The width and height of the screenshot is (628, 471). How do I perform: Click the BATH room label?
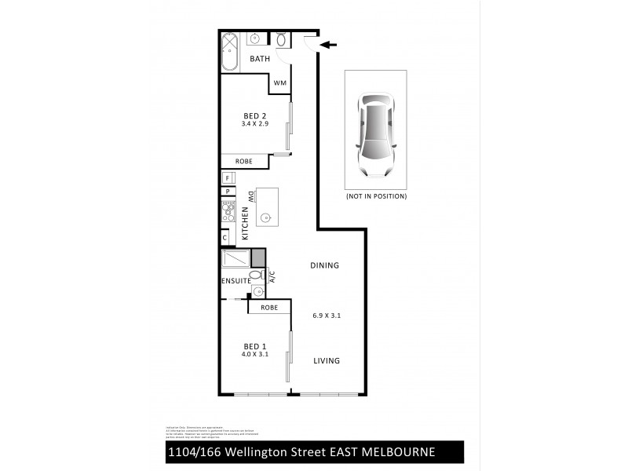260,59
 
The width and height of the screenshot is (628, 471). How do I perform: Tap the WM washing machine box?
280,83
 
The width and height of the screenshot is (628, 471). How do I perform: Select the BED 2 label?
254,115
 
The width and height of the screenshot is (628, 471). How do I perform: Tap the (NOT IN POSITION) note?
376,196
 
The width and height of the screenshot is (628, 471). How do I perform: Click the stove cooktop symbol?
229,210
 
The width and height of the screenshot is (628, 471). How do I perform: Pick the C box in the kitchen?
225,237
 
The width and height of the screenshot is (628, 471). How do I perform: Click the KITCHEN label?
245,224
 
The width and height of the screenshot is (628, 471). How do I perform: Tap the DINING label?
324,265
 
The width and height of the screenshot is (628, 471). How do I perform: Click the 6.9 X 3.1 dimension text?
326,316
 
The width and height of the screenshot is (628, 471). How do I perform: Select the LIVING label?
326,361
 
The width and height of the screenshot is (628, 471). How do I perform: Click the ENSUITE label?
235,280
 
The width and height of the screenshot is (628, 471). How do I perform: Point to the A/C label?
272,276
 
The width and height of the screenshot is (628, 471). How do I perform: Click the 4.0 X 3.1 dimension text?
255,354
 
